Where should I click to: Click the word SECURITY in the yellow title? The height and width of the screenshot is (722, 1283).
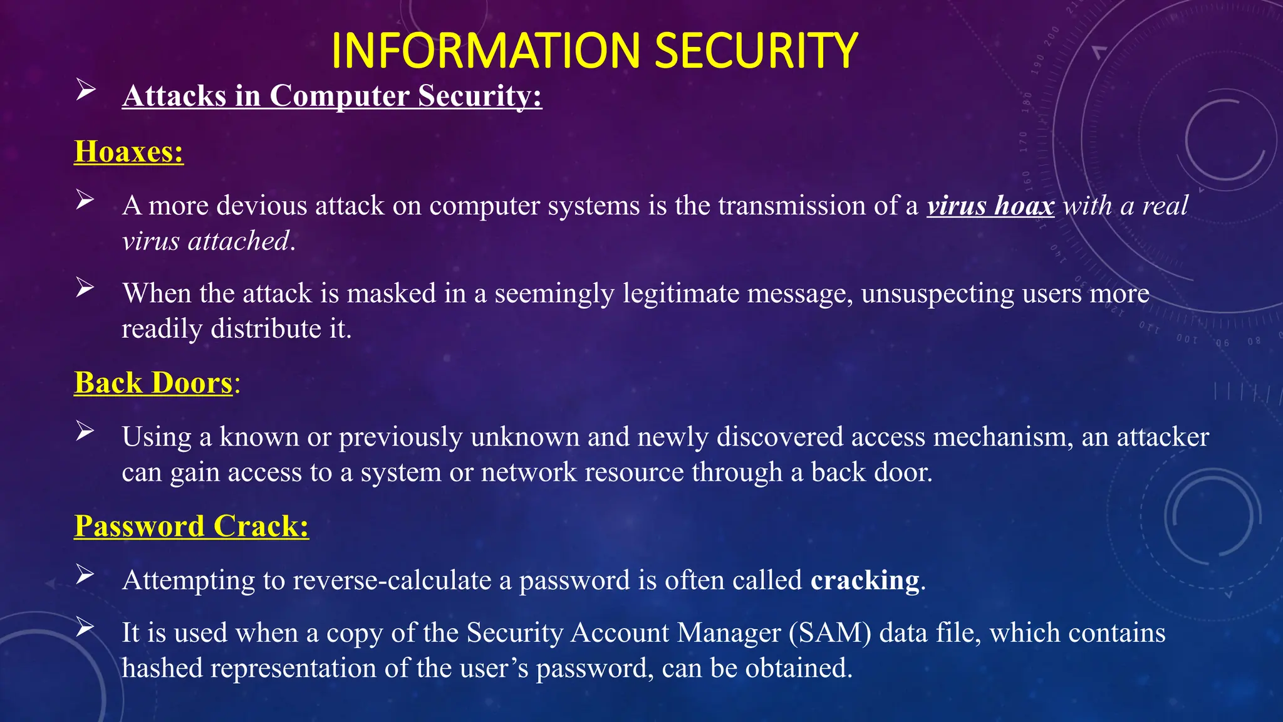[x=756, y=51]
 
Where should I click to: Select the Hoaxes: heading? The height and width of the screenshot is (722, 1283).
[x=128, y=152]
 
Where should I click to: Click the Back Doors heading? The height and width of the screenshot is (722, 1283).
[x=153, y=383]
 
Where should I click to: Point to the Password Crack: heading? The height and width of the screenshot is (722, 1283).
[x=191, y=526]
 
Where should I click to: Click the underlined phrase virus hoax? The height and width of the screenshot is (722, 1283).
[x=990, y=206]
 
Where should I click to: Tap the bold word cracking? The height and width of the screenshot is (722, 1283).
[x=865, y=580]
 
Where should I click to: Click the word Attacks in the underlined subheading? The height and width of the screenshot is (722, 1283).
[x=174, y=96]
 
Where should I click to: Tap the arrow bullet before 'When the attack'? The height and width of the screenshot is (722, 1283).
[x=85, y=288]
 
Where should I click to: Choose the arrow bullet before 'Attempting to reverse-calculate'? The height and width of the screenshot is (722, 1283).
[x=85, y=574]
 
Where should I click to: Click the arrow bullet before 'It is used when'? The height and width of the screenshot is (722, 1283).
[x=85, y=627]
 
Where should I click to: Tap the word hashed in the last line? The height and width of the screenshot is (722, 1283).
[x=162, y=668]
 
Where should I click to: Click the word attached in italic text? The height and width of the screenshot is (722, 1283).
[x=239, y=241]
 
